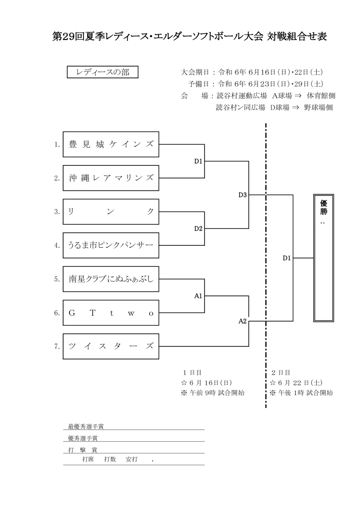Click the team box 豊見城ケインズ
pos(111,144)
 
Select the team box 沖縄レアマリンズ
pos(111,178)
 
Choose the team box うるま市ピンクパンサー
pos(111,245)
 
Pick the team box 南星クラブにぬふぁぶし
pos(111,279)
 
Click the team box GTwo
pos(111,313)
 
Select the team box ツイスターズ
pos(111,346)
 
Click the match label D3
pos(243,195)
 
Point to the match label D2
pos(198,229)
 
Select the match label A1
pos(198,296)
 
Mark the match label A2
pos(243,321)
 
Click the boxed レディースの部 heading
pos(103,72)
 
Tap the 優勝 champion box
pos(323,258)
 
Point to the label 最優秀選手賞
pos(86,427)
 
